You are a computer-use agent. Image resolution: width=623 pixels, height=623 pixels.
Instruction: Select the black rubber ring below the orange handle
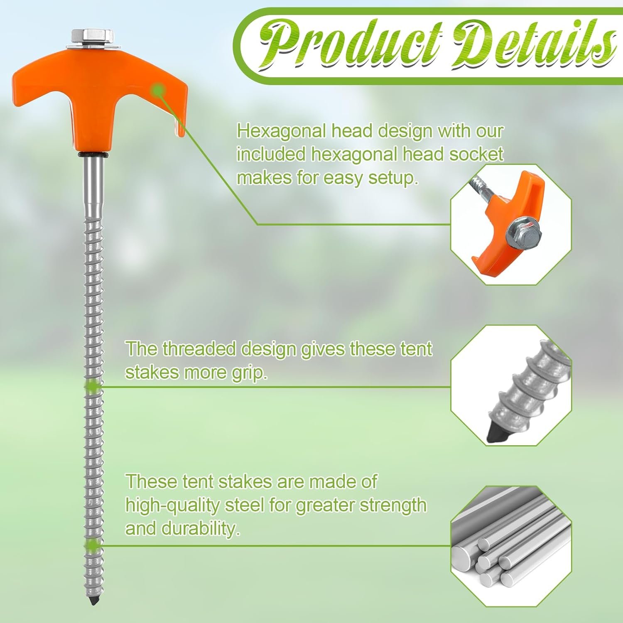coord(94,155)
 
